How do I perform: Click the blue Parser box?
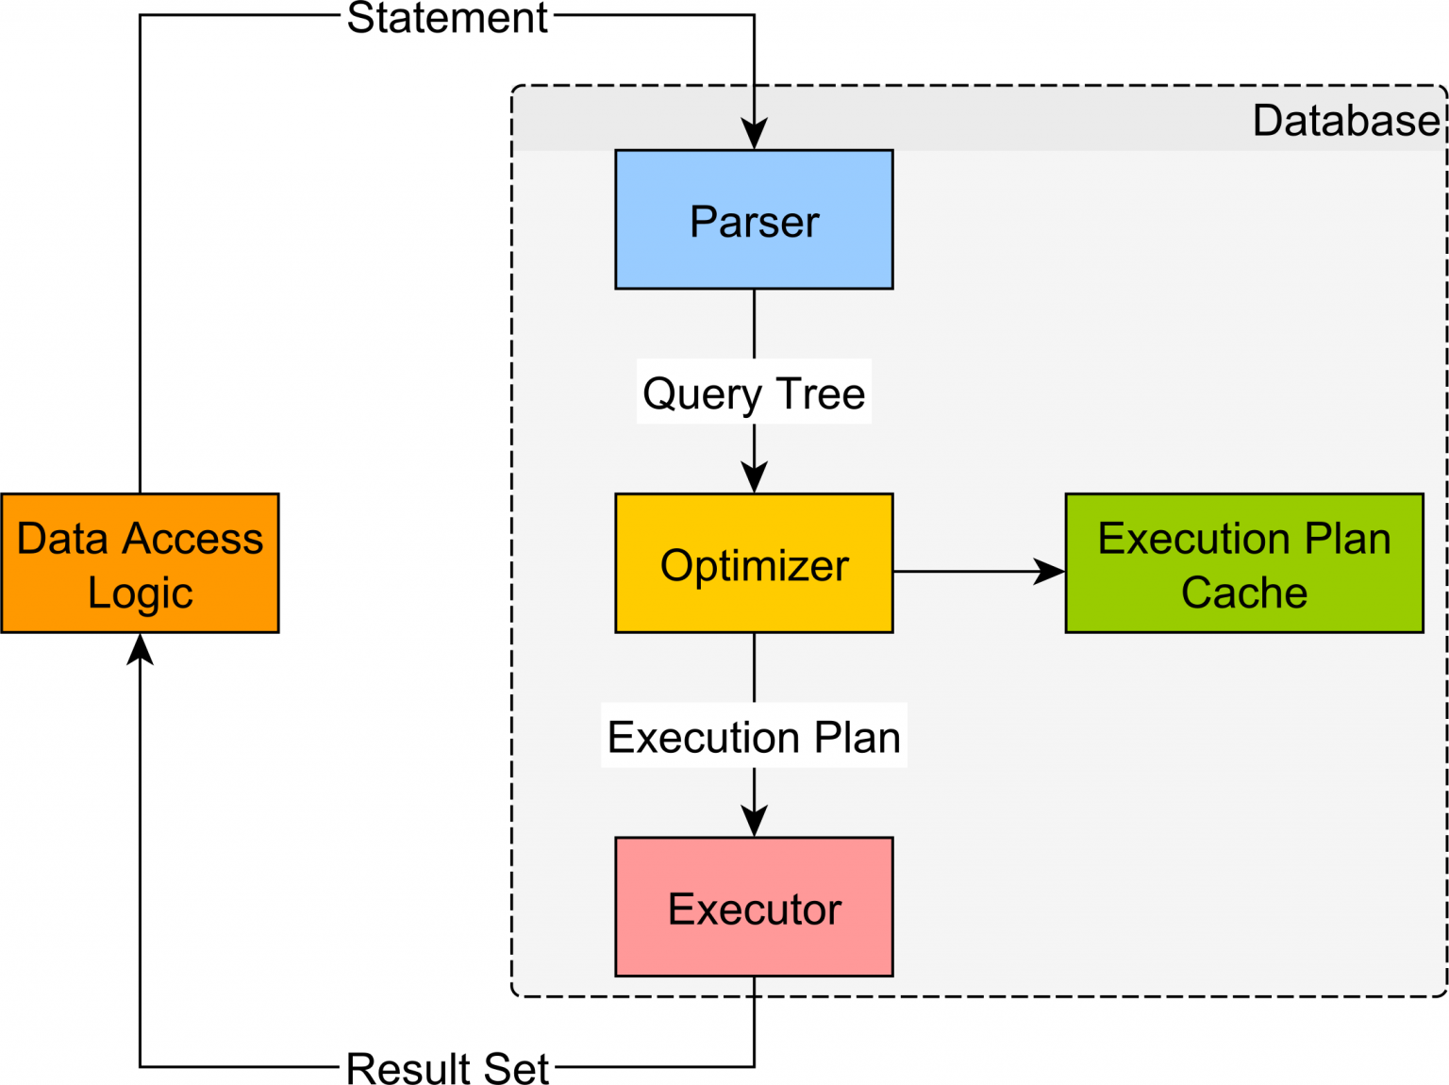[x=754, y=220]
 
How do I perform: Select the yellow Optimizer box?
[x=754, y=563]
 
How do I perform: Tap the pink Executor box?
[x=754, y=907]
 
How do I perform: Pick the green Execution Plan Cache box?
[x=1243, y=563]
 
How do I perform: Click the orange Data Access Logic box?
[x=140, y=563]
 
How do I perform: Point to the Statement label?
[x=447, y=18]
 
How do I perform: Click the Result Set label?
[x=447, y=1068]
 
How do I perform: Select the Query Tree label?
[x=754, y=392]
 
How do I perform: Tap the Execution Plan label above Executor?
[x=754, y=736]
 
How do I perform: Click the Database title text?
[x=1345, y=121]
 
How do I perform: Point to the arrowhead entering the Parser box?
[x=754, y=135]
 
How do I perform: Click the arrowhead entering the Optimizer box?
[x=754, y=478]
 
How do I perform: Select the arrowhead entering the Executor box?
[x=754, y=822]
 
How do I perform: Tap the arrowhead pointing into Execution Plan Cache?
[x=1049, y=571]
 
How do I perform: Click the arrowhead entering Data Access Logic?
[x=140, y=649]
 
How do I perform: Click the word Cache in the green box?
[x=1243, y=593]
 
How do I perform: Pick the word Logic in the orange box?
[x=140, y=593]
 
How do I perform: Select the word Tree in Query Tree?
[x=820, y=392]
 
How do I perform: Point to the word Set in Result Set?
[x=516, y=1068]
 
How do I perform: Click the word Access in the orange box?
[x=192, y=539]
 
